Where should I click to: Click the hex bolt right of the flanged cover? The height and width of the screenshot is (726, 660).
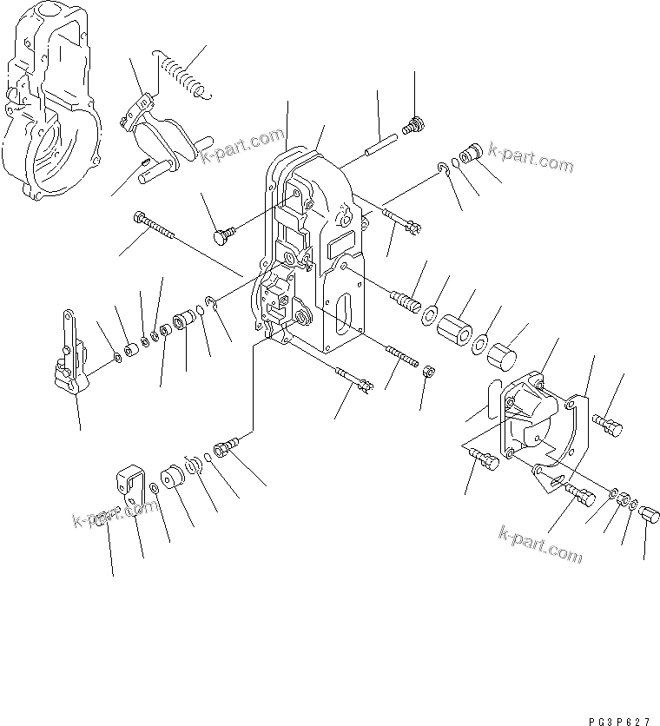click(609, 425)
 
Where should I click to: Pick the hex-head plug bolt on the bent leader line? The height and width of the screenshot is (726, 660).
click(227, 447)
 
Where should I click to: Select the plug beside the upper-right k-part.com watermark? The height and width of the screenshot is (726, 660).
click(471, 155)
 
